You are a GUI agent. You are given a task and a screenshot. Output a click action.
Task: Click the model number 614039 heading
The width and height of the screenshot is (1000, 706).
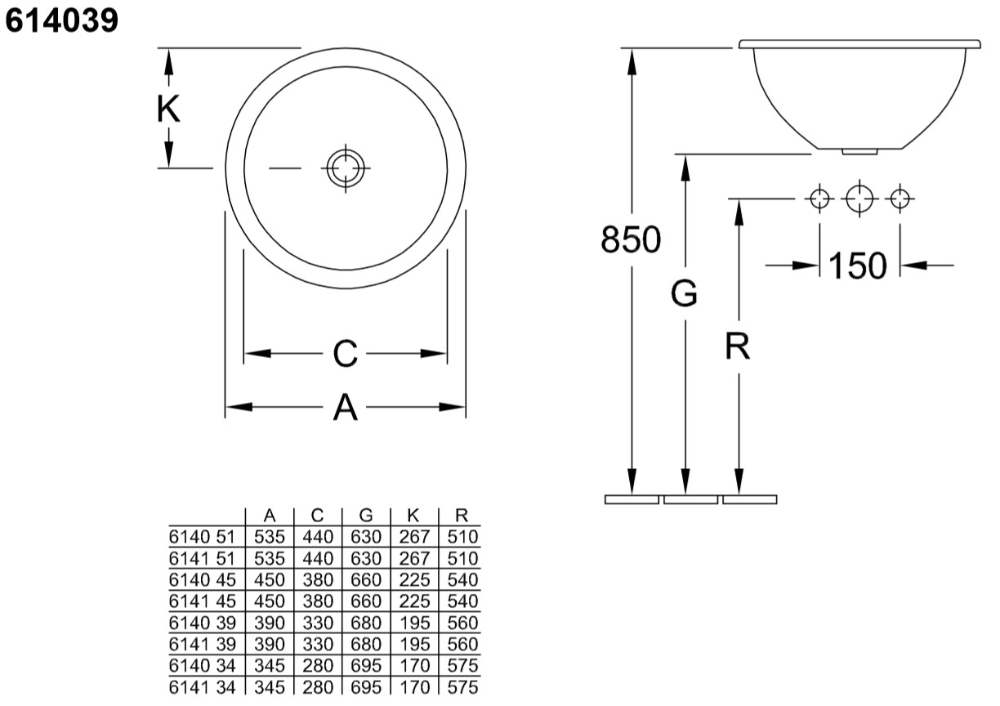point(61,20)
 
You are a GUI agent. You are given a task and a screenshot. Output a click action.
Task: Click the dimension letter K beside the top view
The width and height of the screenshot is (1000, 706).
point(168,109)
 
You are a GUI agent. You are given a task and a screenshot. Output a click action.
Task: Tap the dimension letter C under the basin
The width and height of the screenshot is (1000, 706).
point(345,353)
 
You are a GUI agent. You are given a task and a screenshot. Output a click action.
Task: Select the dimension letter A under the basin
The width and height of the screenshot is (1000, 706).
point(345,407)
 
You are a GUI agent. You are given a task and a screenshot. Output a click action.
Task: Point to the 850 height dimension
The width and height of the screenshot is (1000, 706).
point(631,239)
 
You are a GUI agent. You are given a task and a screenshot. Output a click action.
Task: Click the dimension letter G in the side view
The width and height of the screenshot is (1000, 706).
point(684,293)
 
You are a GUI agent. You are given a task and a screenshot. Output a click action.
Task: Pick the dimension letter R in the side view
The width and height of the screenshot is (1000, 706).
point(738,346)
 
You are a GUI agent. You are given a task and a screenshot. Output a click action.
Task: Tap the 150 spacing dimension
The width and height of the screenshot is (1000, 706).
point(858,266)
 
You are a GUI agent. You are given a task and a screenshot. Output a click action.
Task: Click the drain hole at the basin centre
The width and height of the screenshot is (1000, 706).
point(346,168)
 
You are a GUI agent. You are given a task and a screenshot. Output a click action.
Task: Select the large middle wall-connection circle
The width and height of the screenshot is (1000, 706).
point(859,199)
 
